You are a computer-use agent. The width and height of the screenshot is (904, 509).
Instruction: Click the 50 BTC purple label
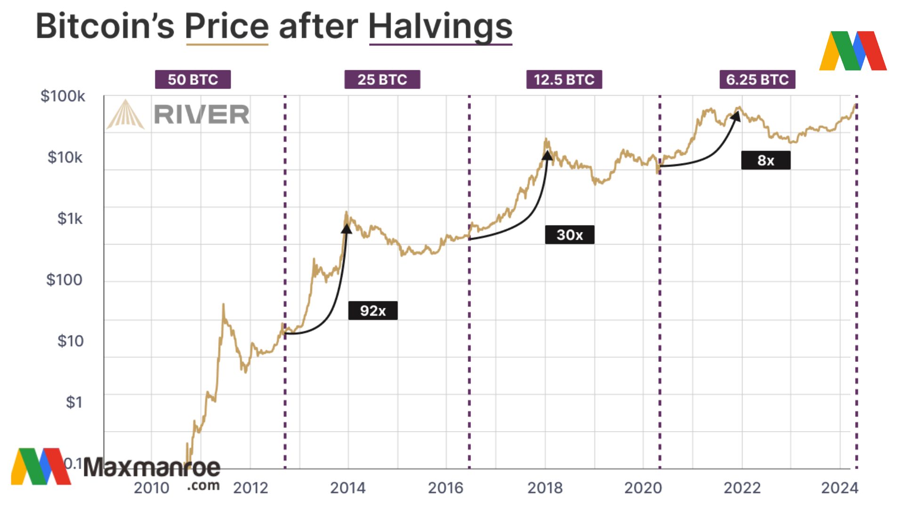tap(193, 80)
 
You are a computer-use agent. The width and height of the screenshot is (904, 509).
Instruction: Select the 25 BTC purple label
tap(382, 80)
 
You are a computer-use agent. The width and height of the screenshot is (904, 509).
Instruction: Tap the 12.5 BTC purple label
tap(564, 80)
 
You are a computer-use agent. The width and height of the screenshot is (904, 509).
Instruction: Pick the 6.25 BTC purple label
tap(757, 80)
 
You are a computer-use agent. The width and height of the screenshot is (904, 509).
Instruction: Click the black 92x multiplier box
tap(372, 311)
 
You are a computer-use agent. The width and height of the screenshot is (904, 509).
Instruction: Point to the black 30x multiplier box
tap(569, 235)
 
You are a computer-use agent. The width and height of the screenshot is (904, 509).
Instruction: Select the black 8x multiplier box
tap(766, 160)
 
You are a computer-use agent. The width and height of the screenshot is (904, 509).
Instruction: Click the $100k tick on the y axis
tap(63, 96)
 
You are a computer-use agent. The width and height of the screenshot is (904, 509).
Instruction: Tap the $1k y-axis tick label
tap(70, 219)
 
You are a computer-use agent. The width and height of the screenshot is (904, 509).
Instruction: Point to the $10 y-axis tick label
tap(70, 341)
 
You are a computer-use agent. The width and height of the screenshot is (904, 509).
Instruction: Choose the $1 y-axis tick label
tap(74, 402)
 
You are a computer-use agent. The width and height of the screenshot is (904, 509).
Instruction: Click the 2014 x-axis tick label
tap(347, 488)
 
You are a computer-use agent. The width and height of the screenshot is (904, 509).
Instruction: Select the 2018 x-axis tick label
tap(545, 488)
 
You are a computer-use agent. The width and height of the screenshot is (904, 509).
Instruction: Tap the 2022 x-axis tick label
tap(742, 488)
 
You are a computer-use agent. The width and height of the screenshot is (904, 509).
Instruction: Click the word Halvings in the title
tap(440, 26)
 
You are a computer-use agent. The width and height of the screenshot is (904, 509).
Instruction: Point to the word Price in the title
tap(227, 26)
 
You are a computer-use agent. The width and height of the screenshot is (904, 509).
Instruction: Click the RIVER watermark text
tap(202, 115)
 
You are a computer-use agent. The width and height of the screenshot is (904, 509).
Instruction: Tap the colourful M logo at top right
tap(853, 51)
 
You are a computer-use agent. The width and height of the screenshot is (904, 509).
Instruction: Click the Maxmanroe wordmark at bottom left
tap(152, 468)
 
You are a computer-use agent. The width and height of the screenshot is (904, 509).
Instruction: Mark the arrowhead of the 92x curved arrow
tap(347, 229)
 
